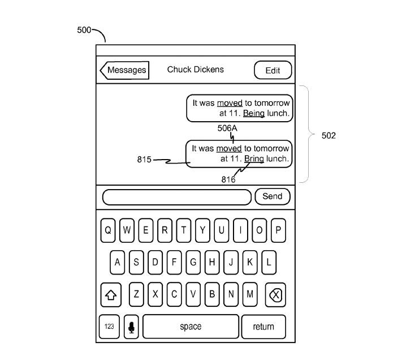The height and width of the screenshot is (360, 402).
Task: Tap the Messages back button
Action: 124,70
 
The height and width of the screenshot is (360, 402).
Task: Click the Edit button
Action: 273,71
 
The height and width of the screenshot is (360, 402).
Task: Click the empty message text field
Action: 176,197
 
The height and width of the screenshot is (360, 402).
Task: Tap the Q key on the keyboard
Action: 108,230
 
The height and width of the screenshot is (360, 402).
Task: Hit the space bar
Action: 191,327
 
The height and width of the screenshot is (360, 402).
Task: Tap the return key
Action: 263,327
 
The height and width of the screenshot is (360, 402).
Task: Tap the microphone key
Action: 131,327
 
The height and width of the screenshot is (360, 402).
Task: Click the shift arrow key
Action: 111,294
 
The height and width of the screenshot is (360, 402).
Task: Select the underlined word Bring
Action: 254,158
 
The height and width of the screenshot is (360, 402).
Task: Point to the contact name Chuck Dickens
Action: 195,70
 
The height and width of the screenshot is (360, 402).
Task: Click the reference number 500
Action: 84,30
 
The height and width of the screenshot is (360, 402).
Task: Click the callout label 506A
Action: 227,128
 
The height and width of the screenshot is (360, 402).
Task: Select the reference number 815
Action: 144,160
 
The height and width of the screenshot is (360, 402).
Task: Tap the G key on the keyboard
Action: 193,262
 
